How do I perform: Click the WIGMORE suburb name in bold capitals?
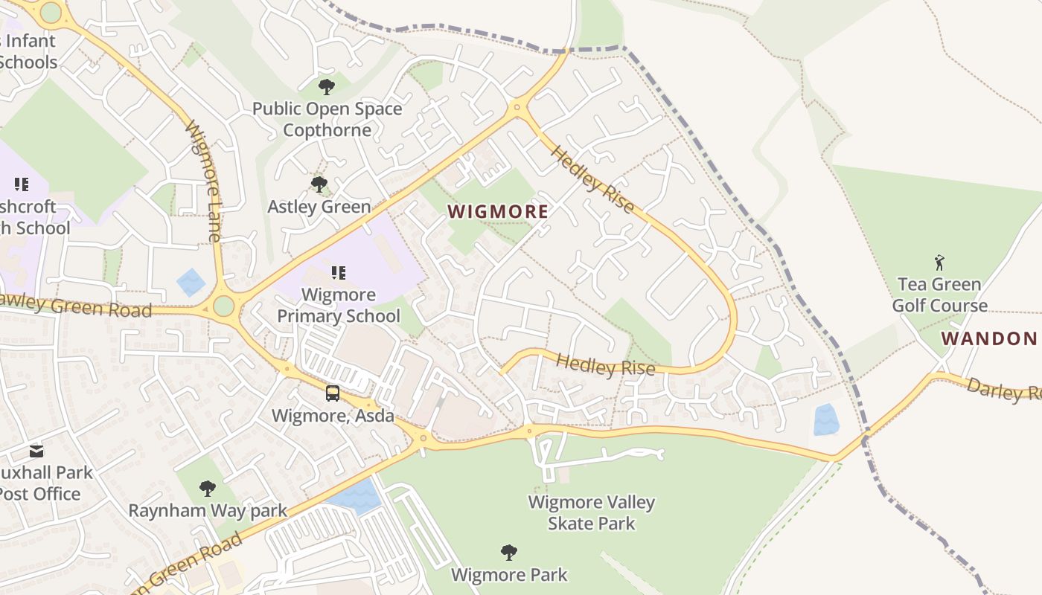click(498, 212)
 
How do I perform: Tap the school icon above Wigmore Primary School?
click(339, 273)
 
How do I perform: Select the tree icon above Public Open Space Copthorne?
click(326, 88)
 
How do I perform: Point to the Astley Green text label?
click(319, 207)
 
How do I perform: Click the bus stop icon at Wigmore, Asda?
click(333, 393)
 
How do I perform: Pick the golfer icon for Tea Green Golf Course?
click(939, 263)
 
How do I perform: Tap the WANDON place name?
click(989, 339)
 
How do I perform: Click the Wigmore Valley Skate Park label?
click(592, 512)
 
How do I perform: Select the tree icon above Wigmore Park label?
click(509, 553)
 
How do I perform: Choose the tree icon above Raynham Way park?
click(208, 489)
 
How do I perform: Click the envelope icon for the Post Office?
click(36, 451)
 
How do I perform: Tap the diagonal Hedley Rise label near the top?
click(592, 179)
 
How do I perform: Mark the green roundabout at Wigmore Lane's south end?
click(223, 306)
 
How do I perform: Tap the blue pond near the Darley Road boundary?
click(826, 419)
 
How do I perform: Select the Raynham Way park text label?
click(208, 511)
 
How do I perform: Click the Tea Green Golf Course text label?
click(940, 295)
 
